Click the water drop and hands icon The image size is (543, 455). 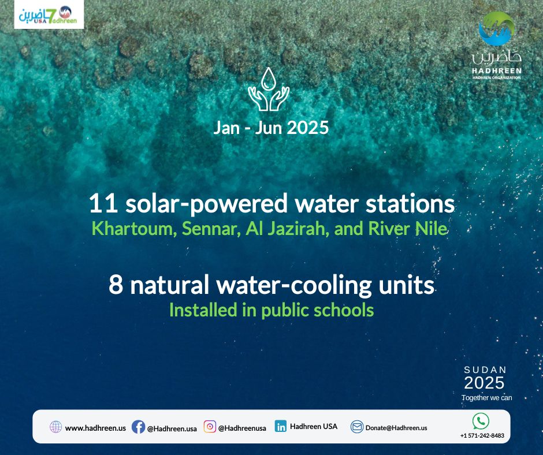[x=269, y=89]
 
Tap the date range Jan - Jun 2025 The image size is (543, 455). [x=271, y=128]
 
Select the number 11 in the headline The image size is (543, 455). [x=103, y=203]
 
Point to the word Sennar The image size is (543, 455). [x=211, y=229]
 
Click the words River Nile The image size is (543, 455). [x=408, y=229]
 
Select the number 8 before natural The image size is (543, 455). [x=116, y=285]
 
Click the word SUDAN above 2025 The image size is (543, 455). [x=485, y=370]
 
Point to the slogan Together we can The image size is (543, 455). [x=486, y=397]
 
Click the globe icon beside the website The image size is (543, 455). [x=56, y=427]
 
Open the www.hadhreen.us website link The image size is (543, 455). [x=95, y=428]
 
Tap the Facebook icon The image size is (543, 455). [x=138, y=427]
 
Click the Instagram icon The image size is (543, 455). [x=210, y=427]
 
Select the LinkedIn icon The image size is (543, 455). [x=281, y=426]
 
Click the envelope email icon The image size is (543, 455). [x=356, y=427]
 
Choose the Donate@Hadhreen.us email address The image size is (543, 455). [x=396, y=428]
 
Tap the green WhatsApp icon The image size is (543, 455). [x=481, y=421]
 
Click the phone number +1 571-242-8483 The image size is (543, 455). [x=482, y=435]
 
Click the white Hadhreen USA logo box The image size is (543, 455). [x=49, y=14]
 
